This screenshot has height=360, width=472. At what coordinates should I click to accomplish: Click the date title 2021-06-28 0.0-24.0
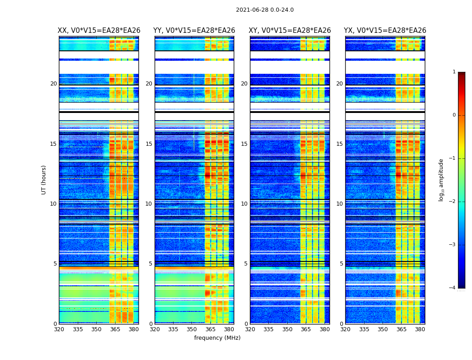(x=265, y=10)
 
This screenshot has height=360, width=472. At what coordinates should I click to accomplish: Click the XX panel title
(x=99, y=31)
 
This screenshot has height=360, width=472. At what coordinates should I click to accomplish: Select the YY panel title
(x=194, y=31)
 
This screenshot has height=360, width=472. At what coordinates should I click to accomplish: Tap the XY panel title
(x=290, y=31)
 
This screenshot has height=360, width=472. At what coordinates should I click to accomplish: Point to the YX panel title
(x=385, y=31)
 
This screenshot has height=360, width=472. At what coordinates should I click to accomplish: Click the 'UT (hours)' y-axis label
(x=44, y=180)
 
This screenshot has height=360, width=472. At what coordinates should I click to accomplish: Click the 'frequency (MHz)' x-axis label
(x=217, y=338)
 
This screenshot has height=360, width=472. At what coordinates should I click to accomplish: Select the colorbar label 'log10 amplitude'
(x=441, y=180)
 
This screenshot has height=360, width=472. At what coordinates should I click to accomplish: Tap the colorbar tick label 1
(x=454, y=72)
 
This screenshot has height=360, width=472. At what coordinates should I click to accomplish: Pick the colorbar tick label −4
(x=453, y=288)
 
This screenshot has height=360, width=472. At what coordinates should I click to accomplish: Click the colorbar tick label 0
(x=454, y=115)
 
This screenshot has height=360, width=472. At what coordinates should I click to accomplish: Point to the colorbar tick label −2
(x=453, y=202)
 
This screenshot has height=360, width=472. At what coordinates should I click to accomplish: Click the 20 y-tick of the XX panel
(x=53, y=84)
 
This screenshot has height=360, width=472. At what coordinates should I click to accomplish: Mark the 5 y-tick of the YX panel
(x=341, y=264)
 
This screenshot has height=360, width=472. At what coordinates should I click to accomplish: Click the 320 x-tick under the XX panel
(x=59, y=329)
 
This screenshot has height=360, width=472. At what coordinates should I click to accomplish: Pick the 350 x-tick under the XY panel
(x=287, y=329)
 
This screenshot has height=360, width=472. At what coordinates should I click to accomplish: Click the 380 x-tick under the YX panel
(x=420, y=329)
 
